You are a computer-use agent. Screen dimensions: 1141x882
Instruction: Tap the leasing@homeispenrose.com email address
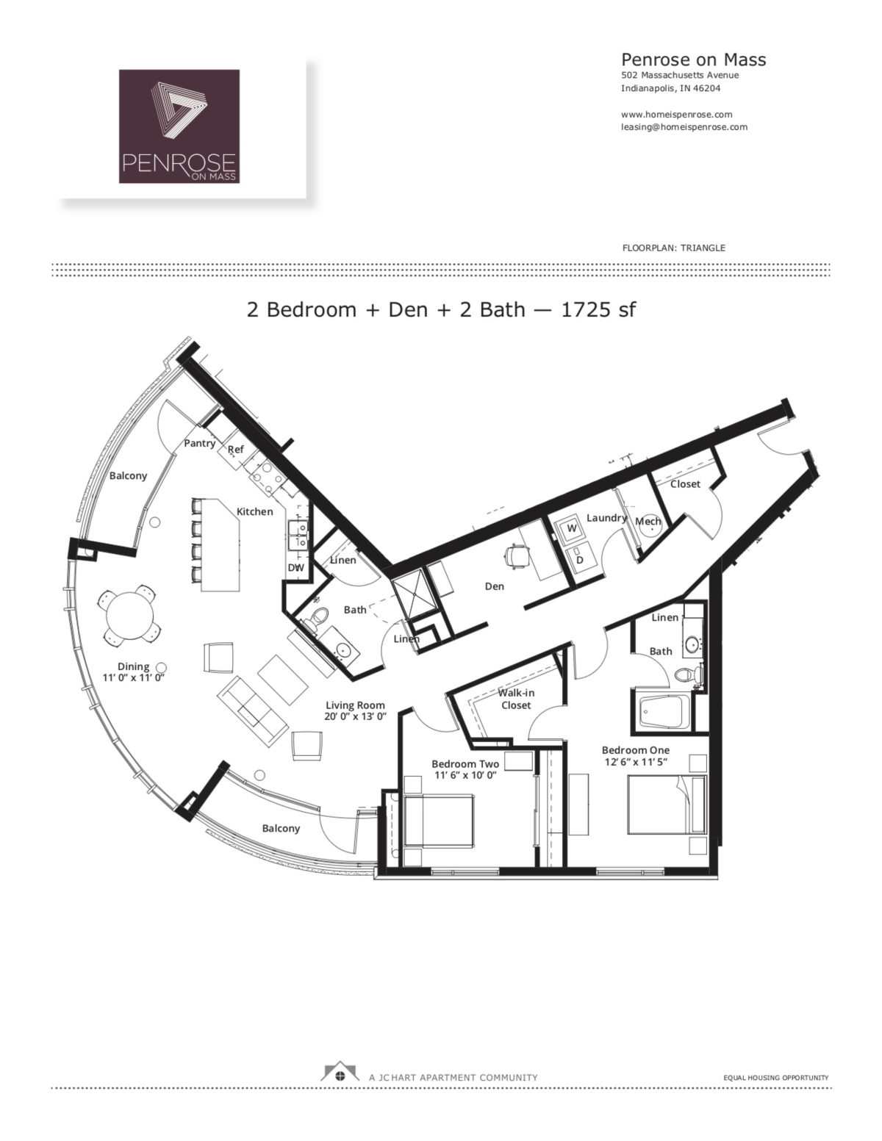coord(684,126)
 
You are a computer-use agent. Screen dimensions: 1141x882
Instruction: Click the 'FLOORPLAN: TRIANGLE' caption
coord(673,248)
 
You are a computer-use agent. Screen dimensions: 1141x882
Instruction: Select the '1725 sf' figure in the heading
coord(598,309)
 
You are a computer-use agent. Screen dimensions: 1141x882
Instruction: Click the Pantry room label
coord(199,443)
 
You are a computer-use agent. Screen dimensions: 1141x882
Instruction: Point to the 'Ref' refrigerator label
coord(236,450)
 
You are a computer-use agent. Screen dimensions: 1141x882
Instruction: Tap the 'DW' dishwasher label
coord(295,567)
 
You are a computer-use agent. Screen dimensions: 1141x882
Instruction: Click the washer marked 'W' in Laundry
coord(571,528)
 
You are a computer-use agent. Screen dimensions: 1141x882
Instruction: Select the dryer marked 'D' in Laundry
coord(579,559)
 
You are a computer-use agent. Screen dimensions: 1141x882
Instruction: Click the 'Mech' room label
coord(648,522)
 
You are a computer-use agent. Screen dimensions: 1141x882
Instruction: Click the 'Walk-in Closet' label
coord(516,699)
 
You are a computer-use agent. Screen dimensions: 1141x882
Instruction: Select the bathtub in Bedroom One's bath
coord(663,711)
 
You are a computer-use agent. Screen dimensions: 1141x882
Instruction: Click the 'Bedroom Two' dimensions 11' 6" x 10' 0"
coord(465,775)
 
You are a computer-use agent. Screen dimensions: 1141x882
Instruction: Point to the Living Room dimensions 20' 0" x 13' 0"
coord(355,716)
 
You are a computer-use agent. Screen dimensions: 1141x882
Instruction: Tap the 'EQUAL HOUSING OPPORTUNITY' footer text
coord(776,1078)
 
